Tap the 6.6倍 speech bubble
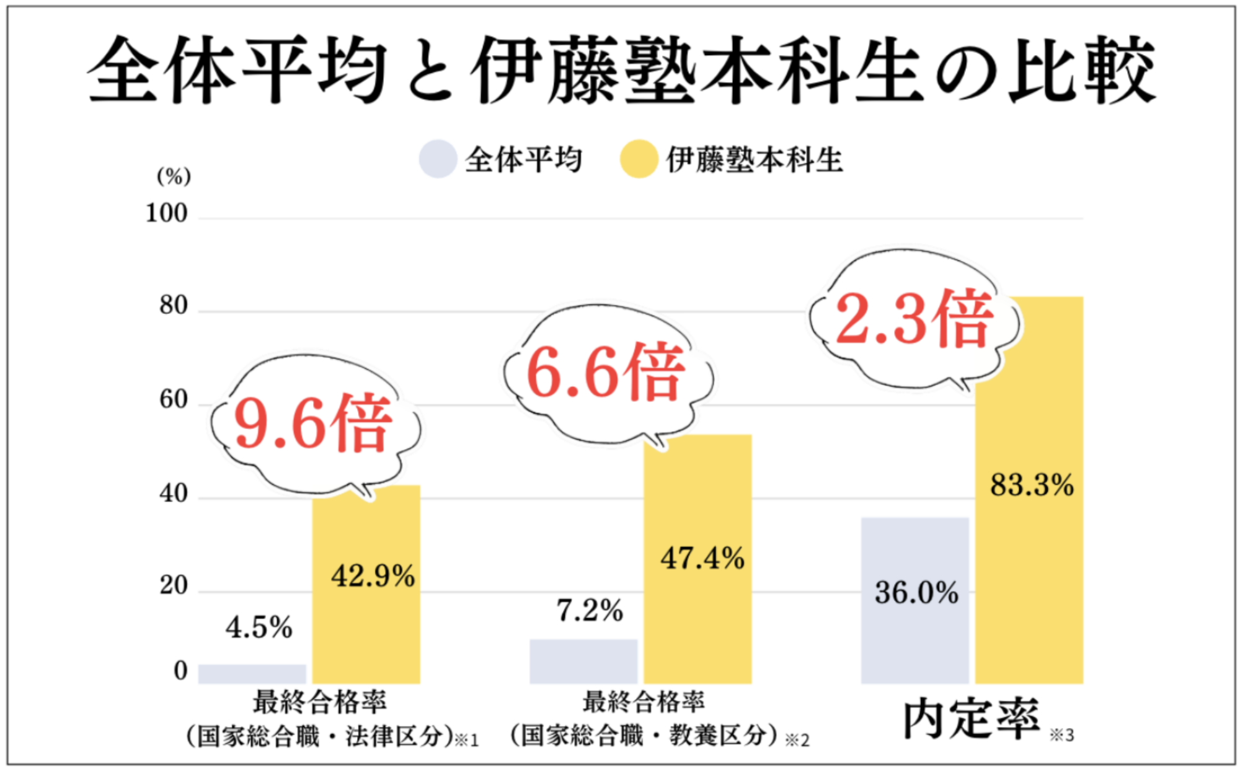tap(606, 373)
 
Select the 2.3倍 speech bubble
tap(913, 319)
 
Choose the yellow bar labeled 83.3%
tap(1029, 558)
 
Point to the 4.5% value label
tap(259, 628)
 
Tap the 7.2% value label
tap(590, 611)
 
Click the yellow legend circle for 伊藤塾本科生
tap(639, 159)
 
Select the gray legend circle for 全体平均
tap(438, 159)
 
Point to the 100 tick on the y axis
tap(166, 213)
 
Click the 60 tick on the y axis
tap(173, 400)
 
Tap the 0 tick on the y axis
tap(180, 671)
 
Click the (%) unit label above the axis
tap(174, 177)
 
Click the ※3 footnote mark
tap(1061, 736)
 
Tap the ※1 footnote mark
tap(467, 740)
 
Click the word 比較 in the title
tap(1082, 69)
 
